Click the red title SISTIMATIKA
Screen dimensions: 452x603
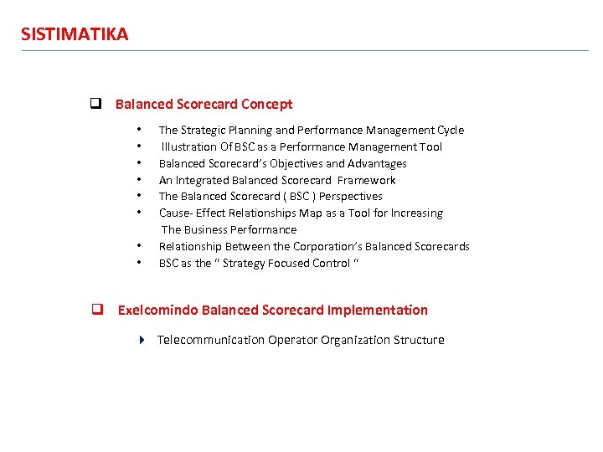coord(75,34)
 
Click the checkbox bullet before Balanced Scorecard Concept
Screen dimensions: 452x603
coord(95,105)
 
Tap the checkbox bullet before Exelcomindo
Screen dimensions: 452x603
coord(97,310)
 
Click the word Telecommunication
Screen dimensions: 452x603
coord(211,340)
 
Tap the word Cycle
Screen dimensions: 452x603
coord(450,130)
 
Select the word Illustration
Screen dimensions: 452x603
coord(188,146)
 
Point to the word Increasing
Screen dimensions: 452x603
coord(413,213)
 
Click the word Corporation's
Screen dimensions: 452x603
coord(327,246)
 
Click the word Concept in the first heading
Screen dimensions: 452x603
coord(267,105)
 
